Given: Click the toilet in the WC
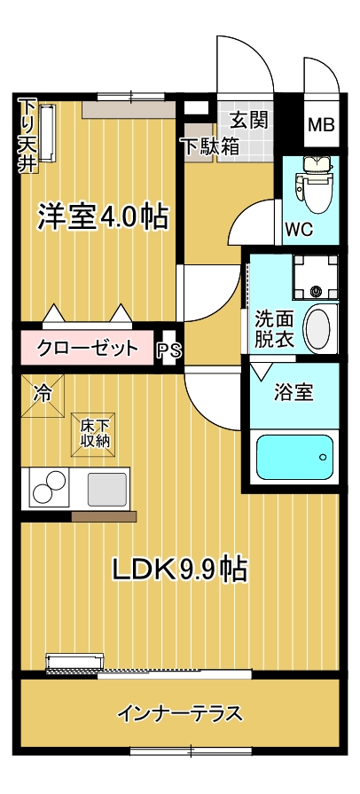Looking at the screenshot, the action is tap(316, 184).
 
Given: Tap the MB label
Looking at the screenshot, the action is tap(322, 124).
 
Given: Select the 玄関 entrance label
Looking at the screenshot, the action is tap(248, 121).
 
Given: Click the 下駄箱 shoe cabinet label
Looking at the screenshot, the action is tap(211, 146).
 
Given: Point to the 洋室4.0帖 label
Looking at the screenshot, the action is tap(102, 217).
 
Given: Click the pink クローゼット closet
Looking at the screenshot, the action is tap(87, 347).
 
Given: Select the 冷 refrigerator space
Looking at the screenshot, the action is tap(43, 396).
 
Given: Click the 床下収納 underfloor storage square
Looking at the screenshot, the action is tap(93, 435).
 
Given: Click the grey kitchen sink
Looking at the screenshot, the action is tap(106, 489).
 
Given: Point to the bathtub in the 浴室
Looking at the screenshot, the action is tap(294, 457).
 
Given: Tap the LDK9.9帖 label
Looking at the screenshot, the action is tap(180, 570).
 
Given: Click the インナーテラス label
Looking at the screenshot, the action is tap(180, 714).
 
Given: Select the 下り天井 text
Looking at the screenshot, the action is tap(27, 137).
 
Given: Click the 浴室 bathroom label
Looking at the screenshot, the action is tap(293, 392).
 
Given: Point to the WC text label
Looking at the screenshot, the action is tap(299, 230).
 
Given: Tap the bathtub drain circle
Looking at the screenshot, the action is tap(323, 458).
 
